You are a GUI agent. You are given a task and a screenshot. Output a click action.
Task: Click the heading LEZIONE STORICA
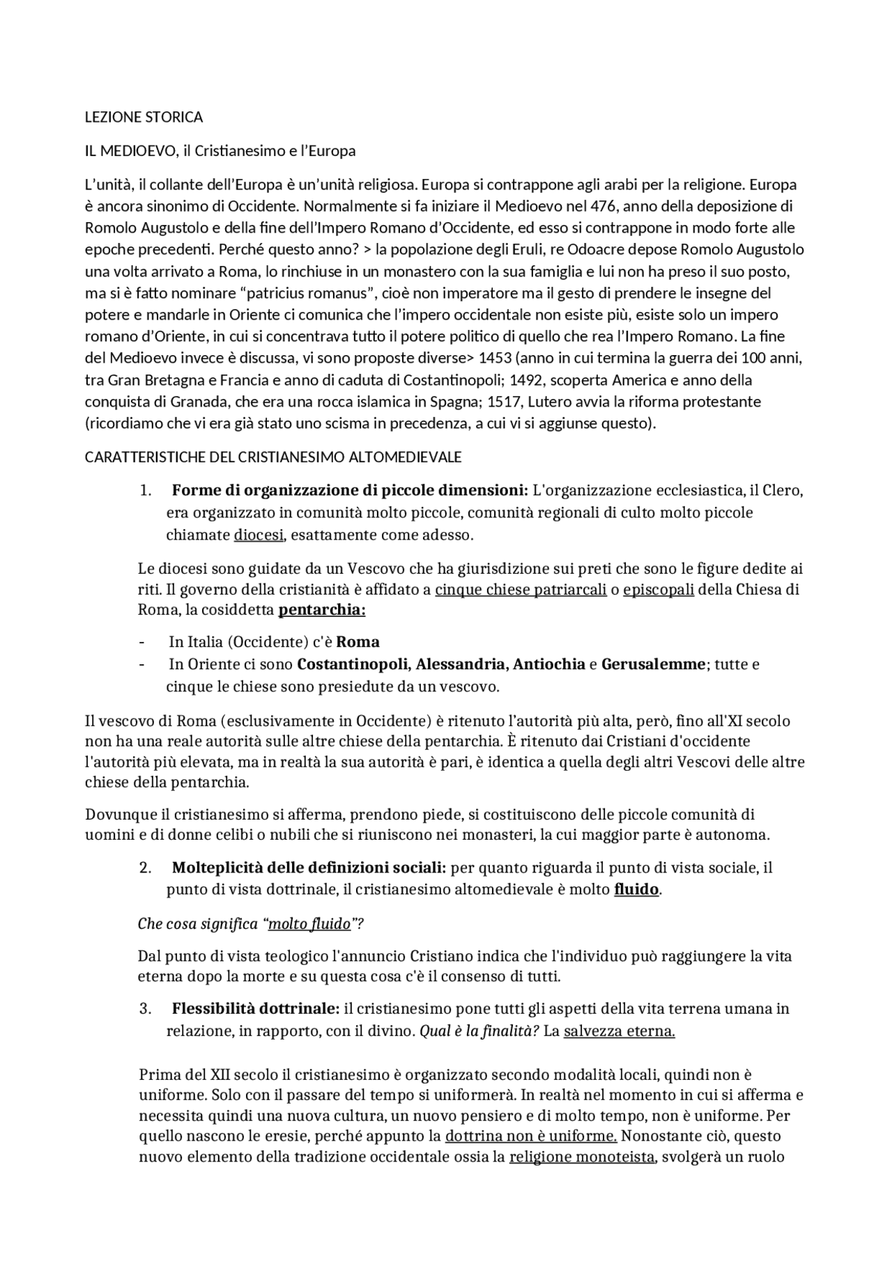[x=144, y=117]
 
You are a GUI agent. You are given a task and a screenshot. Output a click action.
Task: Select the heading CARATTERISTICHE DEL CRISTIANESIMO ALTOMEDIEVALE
[x=273, y=457]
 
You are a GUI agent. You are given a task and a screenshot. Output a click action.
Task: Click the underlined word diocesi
[x=259, y=535]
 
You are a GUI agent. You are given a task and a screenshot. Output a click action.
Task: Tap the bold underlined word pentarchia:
[x=322, y=611]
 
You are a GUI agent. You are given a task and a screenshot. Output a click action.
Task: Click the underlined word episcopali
[x=659, y=590]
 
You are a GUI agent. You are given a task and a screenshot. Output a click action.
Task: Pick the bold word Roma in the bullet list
[x=357, y=642]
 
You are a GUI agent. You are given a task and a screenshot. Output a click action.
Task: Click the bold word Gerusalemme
[x=654, y=664]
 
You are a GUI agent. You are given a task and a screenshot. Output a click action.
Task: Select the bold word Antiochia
[x=549, y=664]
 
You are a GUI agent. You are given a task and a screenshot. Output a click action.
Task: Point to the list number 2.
[x=145, y=868]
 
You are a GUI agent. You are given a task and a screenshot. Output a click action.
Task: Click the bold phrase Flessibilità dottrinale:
[x=256, y=1009]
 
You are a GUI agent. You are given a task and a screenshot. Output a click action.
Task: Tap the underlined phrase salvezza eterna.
[x=619, y=1031]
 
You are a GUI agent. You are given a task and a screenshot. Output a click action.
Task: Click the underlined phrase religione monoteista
[x=582, y=1157]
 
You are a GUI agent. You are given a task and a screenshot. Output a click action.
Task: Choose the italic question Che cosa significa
[x=198, y=924]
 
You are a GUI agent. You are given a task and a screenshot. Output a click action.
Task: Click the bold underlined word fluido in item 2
[x=636, y=890]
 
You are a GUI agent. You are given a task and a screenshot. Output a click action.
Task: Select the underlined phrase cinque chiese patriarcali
[x=521, y=590]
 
